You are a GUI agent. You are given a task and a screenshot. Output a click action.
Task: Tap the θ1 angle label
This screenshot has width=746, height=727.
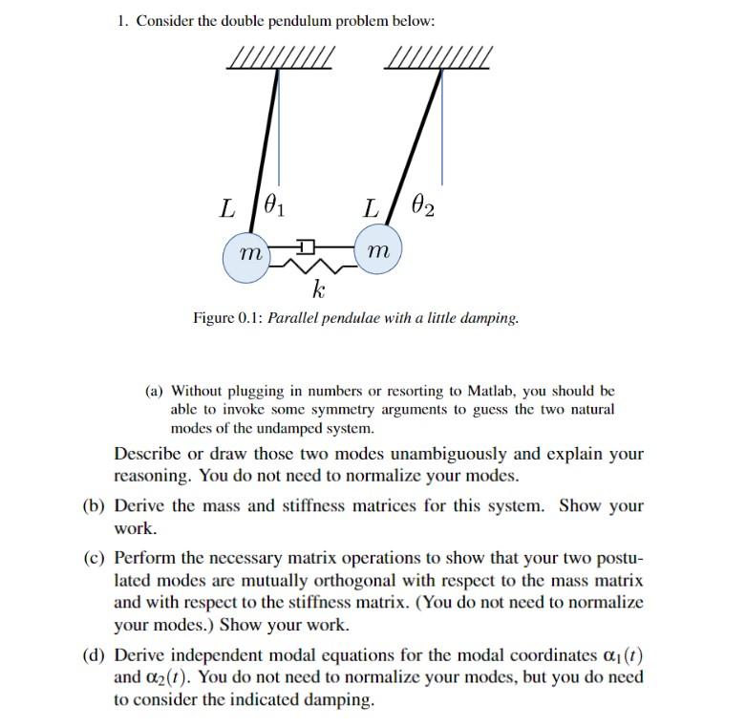click(x=273, y=205)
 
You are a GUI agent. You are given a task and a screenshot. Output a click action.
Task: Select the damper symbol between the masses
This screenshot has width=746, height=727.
click(x=306, y=247)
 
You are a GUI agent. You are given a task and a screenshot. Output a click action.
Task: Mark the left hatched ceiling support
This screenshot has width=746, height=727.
click(x=280, y=59)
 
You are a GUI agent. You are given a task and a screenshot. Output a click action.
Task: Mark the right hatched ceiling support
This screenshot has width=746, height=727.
click(x=437, y=59)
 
